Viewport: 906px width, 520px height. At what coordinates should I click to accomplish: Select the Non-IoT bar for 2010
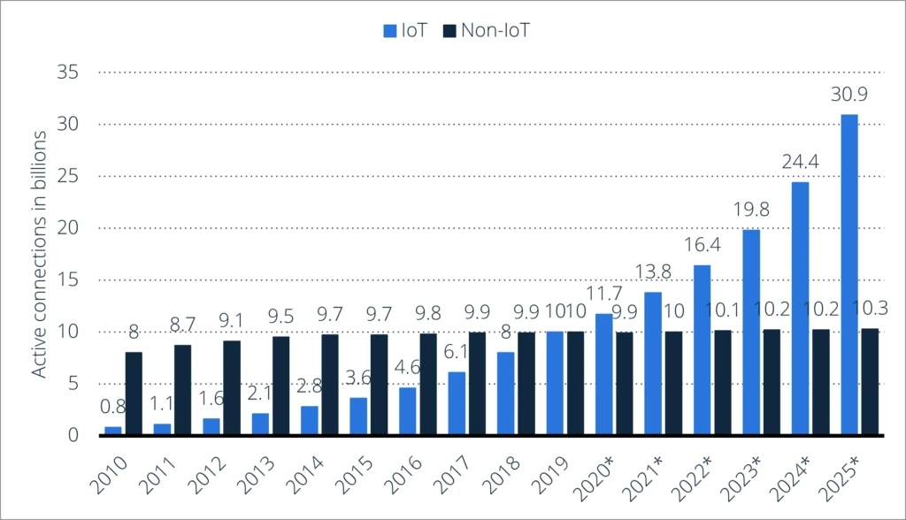tap(133, 394)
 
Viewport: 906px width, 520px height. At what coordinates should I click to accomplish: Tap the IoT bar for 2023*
tap(751, 332)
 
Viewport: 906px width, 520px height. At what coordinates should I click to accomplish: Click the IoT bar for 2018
tap(505, 394)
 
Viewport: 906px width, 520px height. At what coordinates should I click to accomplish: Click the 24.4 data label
tap(800, 163)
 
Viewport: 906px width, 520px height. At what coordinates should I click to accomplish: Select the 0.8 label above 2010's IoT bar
tap(112, 409)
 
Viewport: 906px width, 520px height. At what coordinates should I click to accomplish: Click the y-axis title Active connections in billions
tap(40, 254)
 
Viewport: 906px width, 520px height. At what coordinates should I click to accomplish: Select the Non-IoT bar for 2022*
tap(723, 383)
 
